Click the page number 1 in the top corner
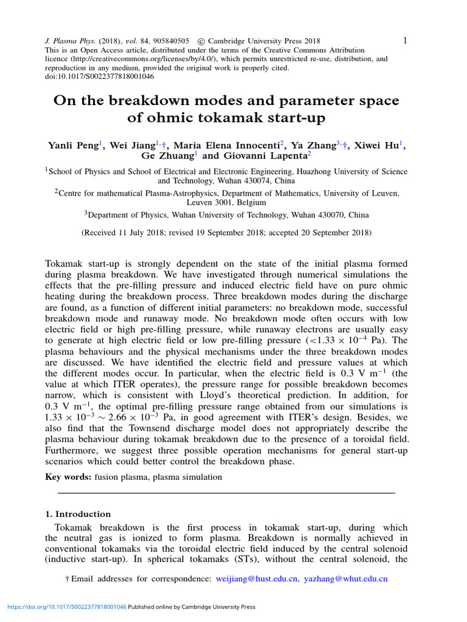point(405,40)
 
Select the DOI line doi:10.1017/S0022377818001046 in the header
point(100,77)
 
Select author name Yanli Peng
point(74,146)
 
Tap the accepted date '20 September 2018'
point(326,233)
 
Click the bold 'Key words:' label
point(68,477)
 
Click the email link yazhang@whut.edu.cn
point(345,579)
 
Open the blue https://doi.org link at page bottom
point(66,607)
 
